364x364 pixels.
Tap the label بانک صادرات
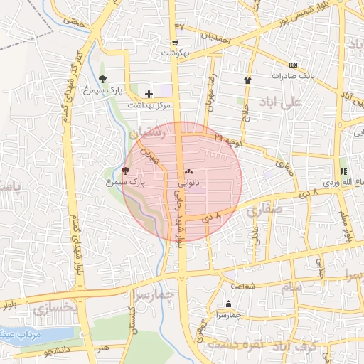point(292,75)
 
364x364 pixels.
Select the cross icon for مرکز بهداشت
point(149,94)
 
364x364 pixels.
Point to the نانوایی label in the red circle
point(188,182)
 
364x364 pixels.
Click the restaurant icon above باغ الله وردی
point(344,171)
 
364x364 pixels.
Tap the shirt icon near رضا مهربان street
point(247,80)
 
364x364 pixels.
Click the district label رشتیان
point(148,132)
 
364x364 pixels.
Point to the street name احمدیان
point(216,36)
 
